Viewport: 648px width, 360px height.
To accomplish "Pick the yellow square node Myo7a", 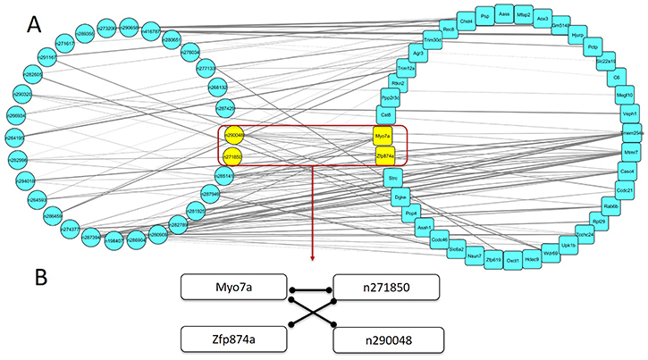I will click(x=384, y=136).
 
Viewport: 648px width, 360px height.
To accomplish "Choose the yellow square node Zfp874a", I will click(x=384, y=155).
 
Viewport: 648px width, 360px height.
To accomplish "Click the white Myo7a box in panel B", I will click(x=232, y=288).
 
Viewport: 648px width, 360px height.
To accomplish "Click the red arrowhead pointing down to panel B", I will click(x=312, y=259).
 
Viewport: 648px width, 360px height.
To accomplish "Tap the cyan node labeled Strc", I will click(x=393, y=180).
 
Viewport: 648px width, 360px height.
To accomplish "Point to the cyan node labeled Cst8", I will click(x=387, y=114).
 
